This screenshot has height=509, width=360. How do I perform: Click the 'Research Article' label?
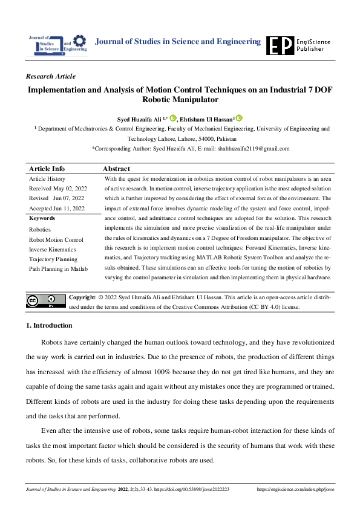coord(51,77)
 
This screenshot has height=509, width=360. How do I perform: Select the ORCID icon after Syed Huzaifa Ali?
coord(173,118)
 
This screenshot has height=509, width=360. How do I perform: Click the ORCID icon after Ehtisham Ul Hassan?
coord(238,118)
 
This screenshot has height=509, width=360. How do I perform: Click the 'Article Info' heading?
coord(47,169)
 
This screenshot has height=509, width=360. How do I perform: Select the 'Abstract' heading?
coord(116,169)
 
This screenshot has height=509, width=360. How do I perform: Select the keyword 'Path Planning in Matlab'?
coord(59,269)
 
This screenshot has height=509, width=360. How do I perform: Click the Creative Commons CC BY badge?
coord(45,300)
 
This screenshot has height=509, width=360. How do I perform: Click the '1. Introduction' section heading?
coord(49,326)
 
